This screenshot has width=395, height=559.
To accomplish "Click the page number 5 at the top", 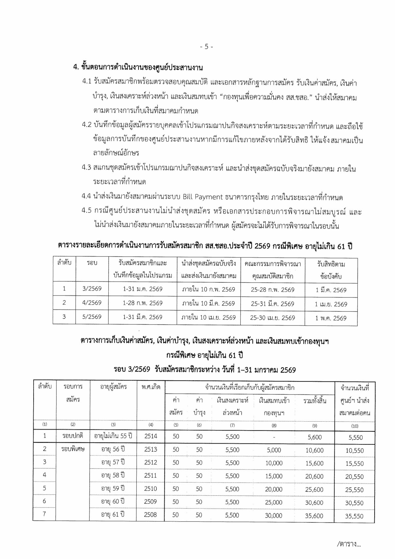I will (x=206, y=46).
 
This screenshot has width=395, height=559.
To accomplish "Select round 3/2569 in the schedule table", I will (x=92, y=289).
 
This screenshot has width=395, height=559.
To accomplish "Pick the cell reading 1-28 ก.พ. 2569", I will (x=143, y=303).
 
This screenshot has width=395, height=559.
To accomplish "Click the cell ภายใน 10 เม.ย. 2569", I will (x=208, y=318).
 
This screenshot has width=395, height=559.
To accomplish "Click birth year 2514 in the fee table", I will (x=150, y=436).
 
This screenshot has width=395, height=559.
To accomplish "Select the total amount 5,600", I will (x=314, y=437).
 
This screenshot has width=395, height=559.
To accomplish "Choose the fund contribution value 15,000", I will (x=274, y=476).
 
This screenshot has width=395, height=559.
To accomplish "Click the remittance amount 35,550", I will (x=354, y=516).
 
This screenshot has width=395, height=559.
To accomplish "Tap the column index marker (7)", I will (x=232, y=425).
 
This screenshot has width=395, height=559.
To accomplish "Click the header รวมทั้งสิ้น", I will (x=315, y=401).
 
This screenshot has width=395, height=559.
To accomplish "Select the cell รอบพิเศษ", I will (x=73, y=449).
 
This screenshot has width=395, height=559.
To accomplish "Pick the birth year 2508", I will (x=150, y=515).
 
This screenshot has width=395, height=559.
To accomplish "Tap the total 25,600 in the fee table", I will (x=314, y=489).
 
